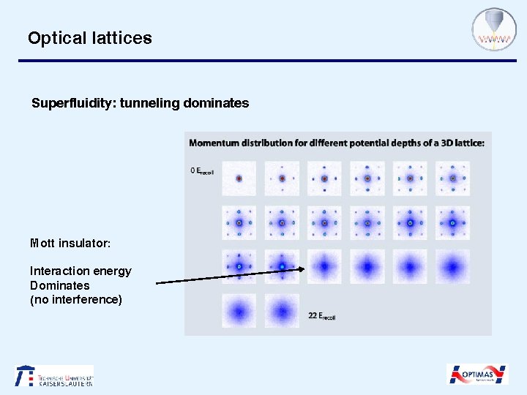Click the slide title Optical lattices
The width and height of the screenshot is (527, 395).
pos(89,38)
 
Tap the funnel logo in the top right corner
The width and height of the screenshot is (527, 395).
pos(494,30)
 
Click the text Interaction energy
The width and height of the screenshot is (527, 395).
pos(81,271)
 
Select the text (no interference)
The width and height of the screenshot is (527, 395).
pos(75,299)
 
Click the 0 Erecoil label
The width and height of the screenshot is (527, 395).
pos(202,172)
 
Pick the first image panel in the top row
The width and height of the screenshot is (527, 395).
pos(239,178)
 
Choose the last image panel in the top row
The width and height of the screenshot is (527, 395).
pos(452,178)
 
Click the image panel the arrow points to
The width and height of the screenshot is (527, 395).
pos(324,266)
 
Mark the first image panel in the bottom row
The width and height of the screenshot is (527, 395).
pos(239,311)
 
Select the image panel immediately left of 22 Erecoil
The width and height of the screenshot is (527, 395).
pos(282,311)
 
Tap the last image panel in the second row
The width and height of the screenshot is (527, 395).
pos(452,222)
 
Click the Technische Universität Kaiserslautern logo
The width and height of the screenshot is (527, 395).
pos(54,376)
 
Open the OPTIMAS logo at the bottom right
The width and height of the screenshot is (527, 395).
pos(477,375)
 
